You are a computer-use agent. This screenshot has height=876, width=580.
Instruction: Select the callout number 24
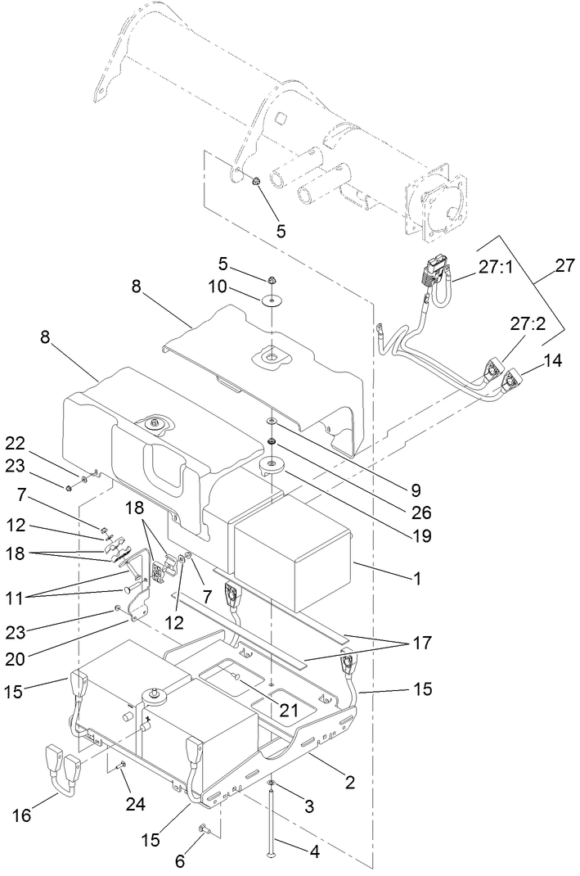[135, 804]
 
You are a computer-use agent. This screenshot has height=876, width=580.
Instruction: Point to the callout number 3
[308, 807]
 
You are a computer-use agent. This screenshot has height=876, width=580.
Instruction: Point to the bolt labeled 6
[200, 831]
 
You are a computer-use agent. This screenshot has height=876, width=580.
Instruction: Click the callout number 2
[349, 782]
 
